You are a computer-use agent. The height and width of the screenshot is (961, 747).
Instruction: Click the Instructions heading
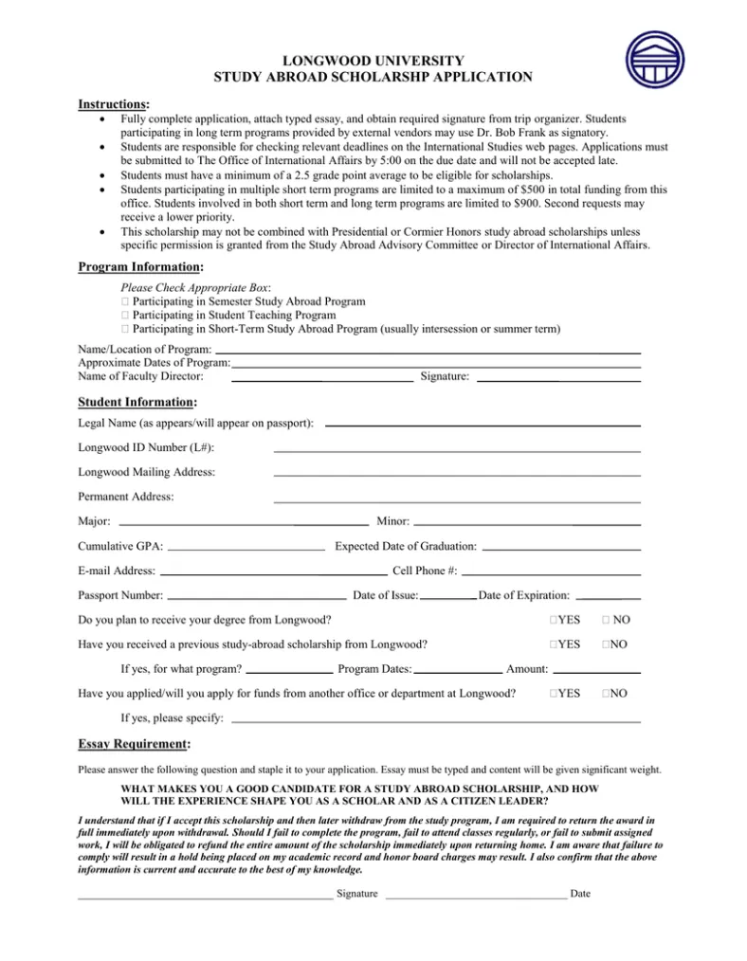pyautogui.click(x=113, y=102)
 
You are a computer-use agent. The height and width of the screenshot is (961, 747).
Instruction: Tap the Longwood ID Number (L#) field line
pyautogui.click(x=457, y=450)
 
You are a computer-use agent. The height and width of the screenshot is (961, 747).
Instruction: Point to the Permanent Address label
pyautogui.click(x=125, y=496)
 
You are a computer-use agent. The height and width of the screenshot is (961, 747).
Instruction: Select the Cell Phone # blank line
pyautogui.click(x=551, y=574)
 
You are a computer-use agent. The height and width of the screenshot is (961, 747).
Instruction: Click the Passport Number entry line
pyautogui.click(x=256, y=599)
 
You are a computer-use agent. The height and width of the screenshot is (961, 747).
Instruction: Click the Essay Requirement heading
pyautogui.click(x=134, y=744)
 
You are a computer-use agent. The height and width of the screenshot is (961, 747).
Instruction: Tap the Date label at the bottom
pyautogui.click(x=580, y=894)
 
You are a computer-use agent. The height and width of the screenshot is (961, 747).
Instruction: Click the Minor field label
pyautogui.click(x=392, y=521)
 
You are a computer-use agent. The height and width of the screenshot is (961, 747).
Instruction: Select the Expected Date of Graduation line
pyautogui.click(x=561, y=549)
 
